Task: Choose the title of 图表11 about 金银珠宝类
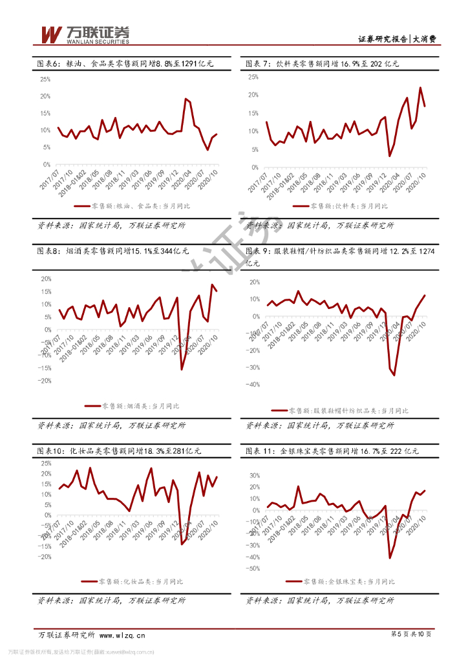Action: click(x=332, y=451)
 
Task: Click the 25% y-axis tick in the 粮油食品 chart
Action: click(x=45, y=80)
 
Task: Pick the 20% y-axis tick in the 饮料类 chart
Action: click(x=252, y=94)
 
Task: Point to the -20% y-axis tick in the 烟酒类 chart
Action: click(x=45, y=381)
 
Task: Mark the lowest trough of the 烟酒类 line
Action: click(x=182, y=369)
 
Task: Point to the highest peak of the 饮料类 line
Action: click(x=420, y=88)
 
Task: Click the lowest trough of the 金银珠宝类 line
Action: click(x=390, y=557)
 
